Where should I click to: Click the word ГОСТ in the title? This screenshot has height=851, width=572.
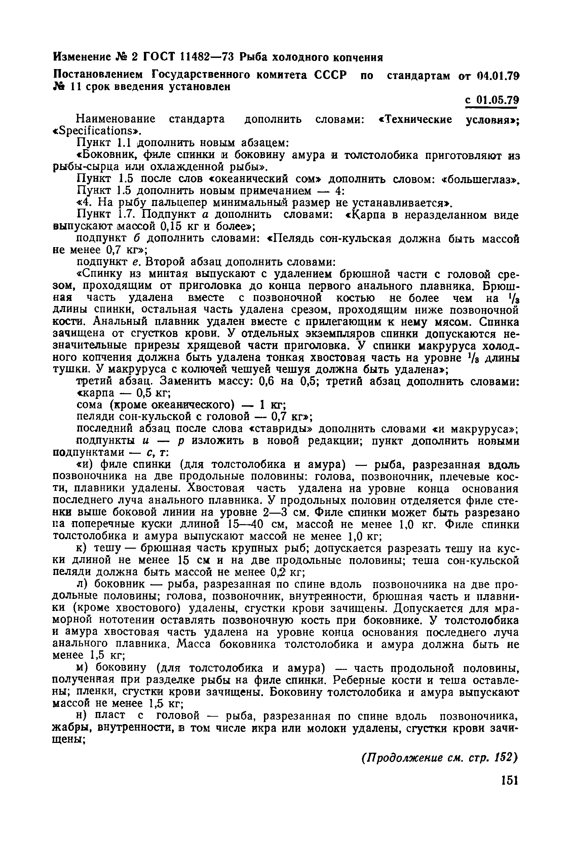tap(159, 57)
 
